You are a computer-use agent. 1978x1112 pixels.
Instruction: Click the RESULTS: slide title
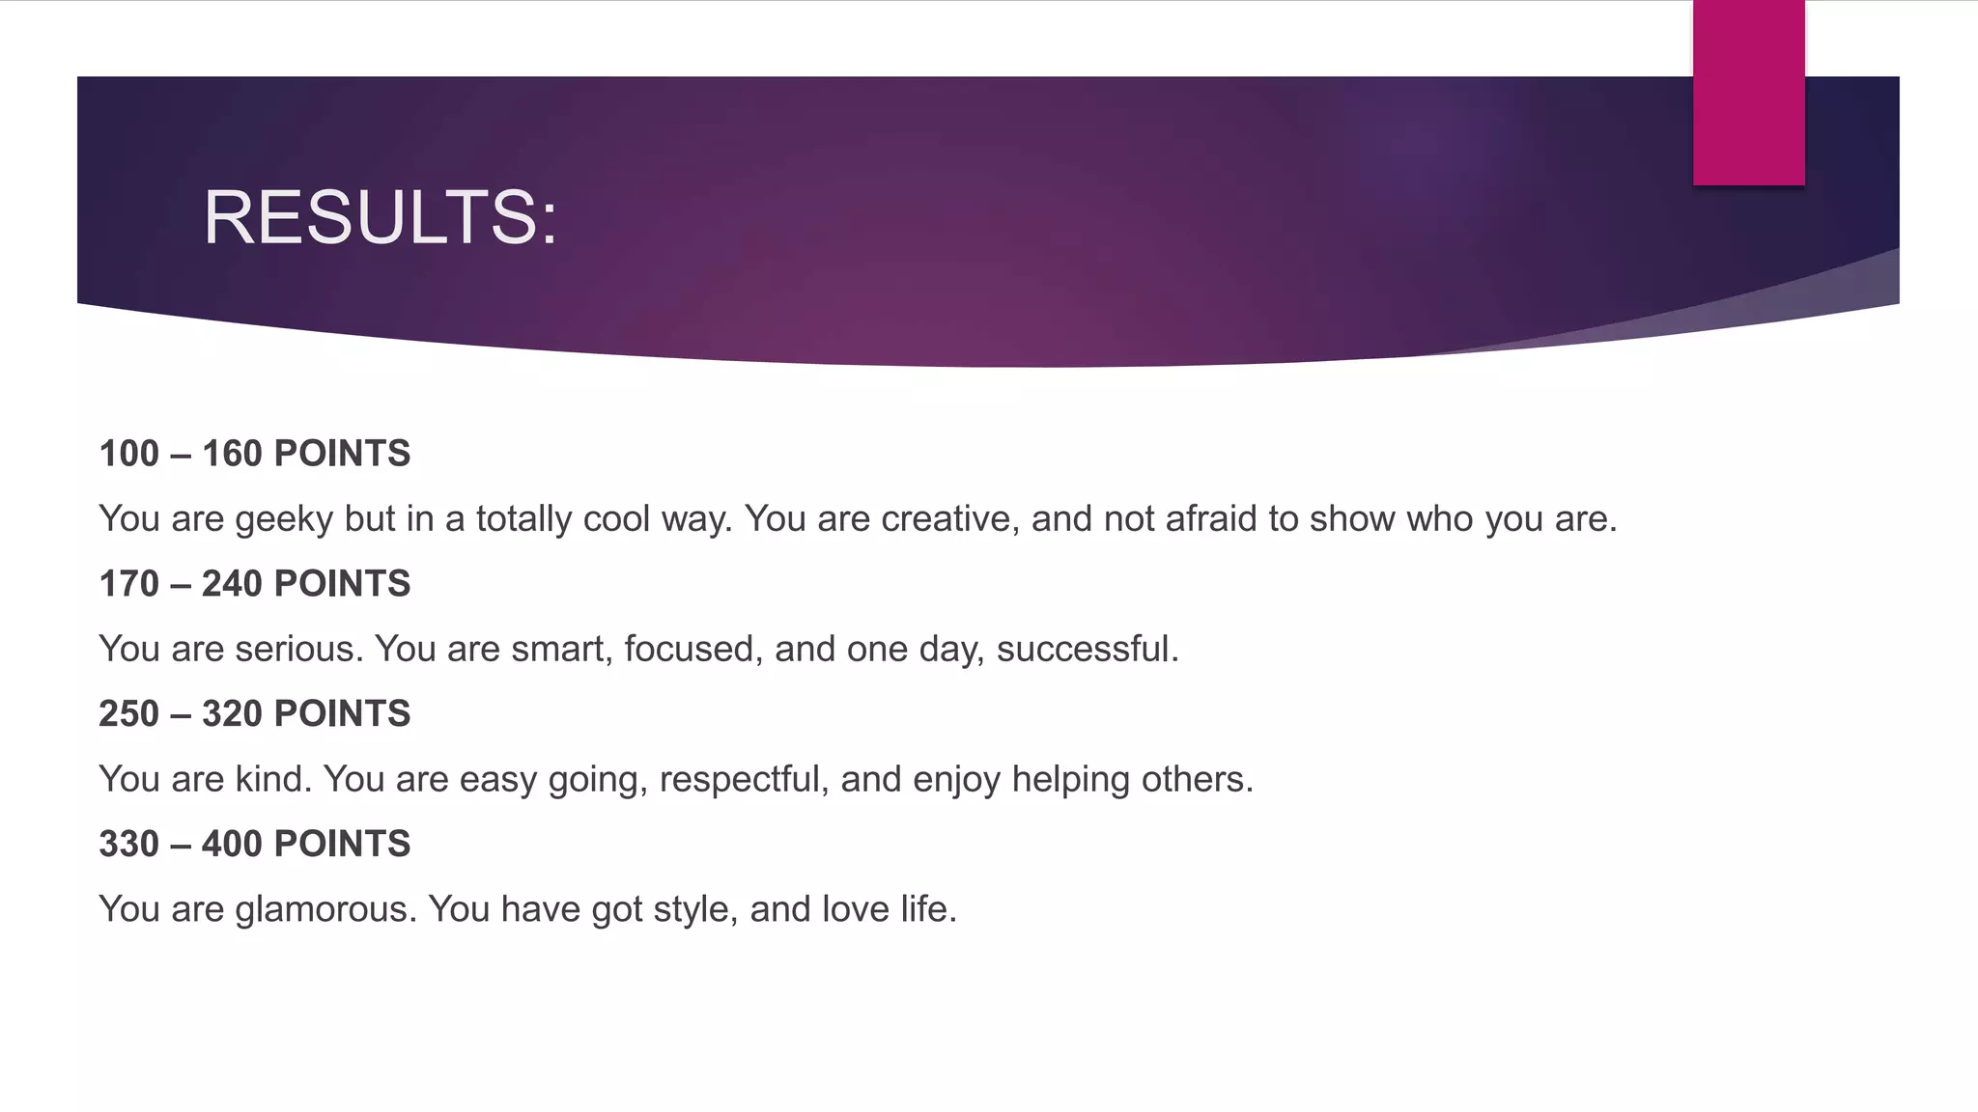coord(380,218)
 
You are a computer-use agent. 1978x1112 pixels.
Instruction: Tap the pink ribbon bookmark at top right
coord(1748,93)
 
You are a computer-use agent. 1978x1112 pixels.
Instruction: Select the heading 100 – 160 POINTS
coord(255,454)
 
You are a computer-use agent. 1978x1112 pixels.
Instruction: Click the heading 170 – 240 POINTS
coord(255,584)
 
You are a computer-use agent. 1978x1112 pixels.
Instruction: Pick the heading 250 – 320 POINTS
coord(255,714)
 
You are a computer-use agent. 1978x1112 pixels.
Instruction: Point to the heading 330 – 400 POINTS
coord(255,845)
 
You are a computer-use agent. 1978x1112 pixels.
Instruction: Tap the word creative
coord(945,519)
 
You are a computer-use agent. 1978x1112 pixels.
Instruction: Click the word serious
coord(297,650)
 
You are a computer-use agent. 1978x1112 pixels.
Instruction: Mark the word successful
coord(1086,650)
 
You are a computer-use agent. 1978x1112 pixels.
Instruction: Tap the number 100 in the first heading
coord(128,454)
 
